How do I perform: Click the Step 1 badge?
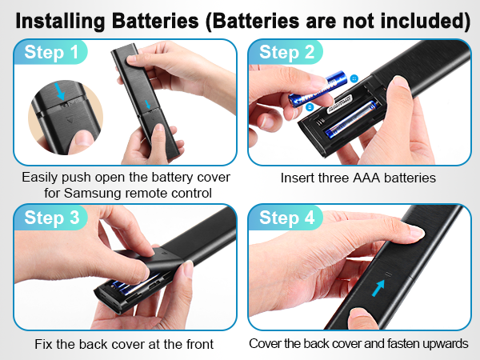click(x=51, y=54)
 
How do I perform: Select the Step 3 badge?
click(x=51, y=218)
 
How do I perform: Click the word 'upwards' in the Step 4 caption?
click(x=444, y=344)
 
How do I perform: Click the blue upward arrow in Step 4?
click(x=377, y=290)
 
